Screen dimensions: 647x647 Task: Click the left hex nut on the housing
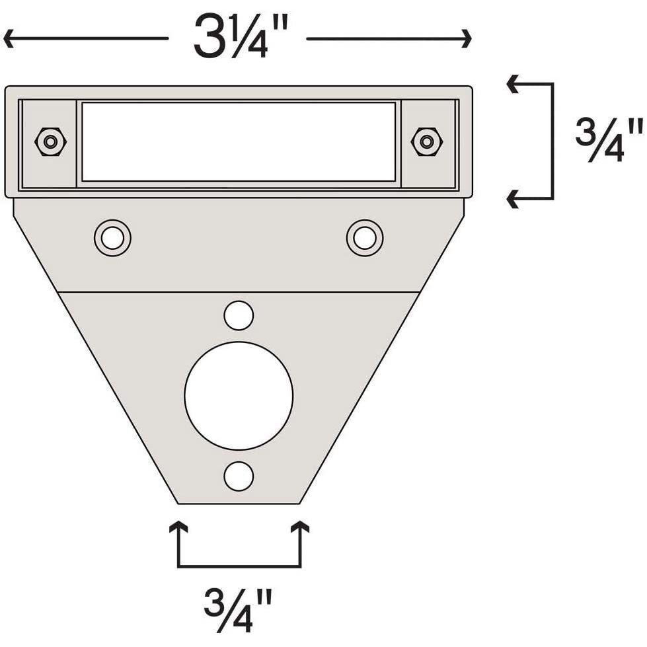pos(50,141)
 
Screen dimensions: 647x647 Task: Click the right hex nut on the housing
pos(426,141)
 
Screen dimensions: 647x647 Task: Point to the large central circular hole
pos(239,395)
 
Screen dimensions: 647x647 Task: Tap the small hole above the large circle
pos(239,315)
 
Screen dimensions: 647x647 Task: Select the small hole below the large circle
pos(239,476)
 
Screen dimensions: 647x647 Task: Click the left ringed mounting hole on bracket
pos(112,237)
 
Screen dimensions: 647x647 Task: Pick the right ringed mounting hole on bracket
pos(365,237)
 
